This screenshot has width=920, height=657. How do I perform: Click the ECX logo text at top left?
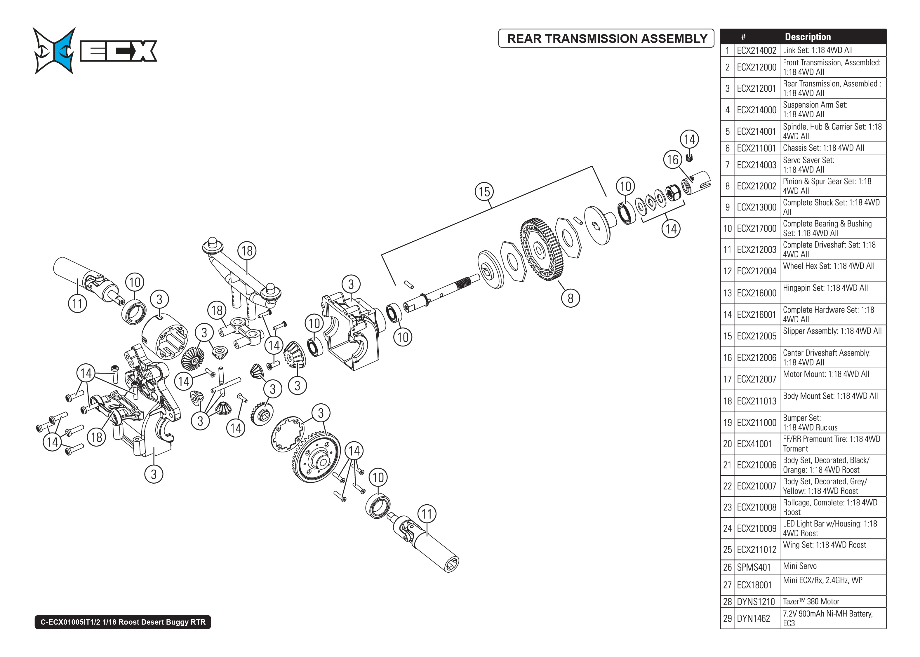tap(118, 51)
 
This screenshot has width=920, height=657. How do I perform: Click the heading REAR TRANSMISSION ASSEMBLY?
tap(606, 39)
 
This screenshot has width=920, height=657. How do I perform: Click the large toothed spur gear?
tap(541, 249)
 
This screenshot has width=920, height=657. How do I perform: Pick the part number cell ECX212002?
tap(756, 186)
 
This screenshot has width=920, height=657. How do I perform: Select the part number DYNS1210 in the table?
tap(755, 602)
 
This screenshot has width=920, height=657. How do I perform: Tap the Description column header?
tap(808, 37)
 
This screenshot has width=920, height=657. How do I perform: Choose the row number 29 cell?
tap(727, 618)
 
